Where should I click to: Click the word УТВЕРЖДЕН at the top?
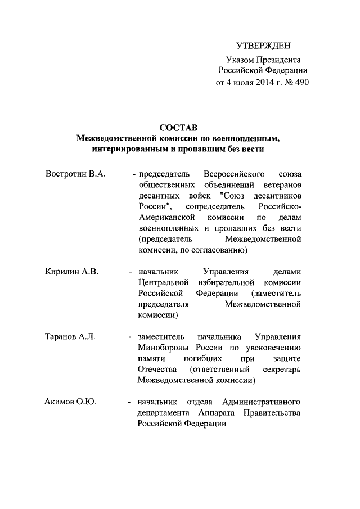[263, 45]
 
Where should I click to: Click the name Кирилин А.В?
[71, 271]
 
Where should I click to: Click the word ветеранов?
[281, 184]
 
